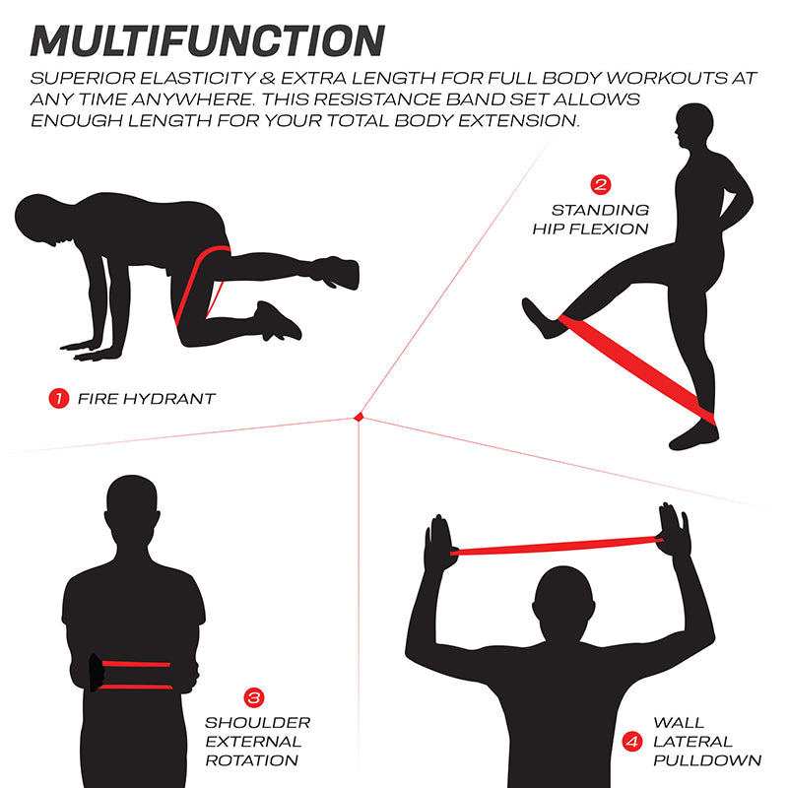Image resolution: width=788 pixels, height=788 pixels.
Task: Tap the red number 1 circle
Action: [x=58, y=399]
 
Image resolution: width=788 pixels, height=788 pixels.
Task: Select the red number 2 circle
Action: [x=600, y=184]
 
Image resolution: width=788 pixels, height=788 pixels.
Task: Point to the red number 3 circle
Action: [x=253, y=698]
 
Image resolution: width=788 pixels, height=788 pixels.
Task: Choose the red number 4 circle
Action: [x=630, y=742]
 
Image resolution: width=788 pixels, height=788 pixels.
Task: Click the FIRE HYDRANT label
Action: [x=146, y=399]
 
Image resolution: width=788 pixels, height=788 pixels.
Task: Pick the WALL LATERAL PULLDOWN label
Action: [x=706, y=742]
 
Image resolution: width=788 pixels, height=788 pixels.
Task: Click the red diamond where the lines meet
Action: [x=360, y=418]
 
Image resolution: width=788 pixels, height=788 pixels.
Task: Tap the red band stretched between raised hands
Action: [x=557, y=544]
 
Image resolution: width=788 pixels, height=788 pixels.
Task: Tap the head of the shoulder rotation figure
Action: [x=133, y=508]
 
